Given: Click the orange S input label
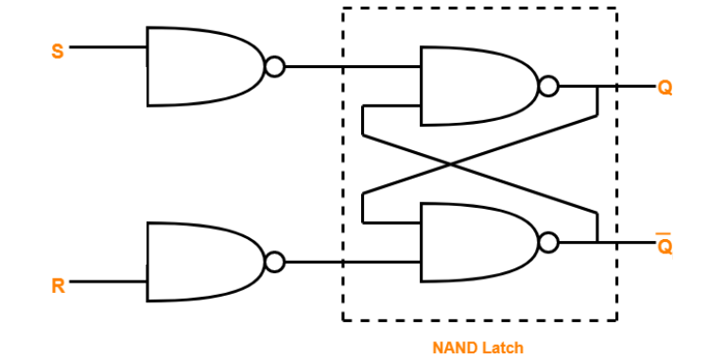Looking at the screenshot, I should click(x=58, y=51).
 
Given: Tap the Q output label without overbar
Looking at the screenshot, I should click(x=666, y=88).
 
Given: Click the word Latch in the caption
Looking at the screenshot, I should click(x=502, y=347).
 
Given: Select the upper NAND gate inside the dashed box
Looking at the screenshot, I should click(x=476, y=87).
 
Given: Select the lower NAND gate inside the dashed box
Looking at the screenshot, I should click(x=476, y=242).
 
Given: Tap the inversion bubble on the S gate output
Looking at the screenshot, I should click(x=275, y=66).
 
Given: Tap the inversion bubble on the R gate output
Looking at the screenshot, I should click(x=275, y=262).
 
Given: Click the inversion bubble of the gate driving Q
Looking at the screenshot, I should click(x=548, y=87).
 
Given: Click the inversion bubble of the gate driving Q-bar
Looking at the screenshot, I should click(x=548, y=242).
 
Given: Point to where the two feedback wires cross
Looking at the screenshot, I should click(x=451, y=164).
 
